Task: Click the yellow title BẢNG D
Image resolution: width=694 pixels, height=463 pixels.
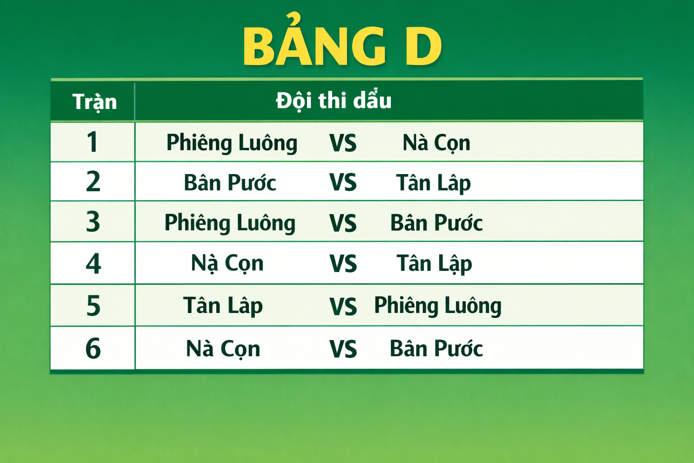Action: tap(342, 46)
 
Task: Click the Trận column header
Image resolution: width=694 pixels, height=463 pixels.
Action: tap(94, 102)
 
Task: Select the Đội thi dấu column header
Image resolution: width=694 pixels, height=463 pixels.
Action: tap(333, 100)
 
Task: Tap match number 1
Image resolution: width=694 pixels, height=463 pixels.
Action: tap(92, 142)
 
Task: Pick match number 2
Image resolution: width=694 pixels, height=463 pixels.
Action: tap(93, 182)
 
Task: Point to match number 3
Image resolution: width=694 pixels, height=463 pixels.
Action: tap(93, 222)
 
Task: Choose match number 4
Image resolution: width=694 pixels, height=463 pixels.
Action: tap(93, 264)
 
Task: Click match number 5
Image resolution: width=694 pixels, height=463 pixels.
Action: tap(93, 306)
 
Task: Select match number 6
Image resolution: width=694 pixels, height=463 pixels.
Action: tap(93, 349)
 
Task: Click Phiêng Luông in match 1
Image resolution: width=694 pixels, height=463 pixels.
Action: tap(232, 143)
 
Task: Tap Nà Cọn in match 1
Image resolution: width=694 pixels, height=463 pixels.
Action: tap(436, 143)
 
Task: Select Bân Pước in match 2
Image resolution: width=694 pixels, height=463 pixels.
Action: tap(230, 183)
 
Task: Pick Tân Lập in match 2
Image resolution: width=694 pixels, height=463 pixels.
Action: tap(433, 183)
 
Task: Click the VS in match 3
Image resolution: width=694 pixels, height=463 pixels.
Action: tap(343, 223)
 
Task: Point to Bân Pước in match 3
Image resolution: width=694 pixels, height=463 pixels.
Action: tap(436, 223)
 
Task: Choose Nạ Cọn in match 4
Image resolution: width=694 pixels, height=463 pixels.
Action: tap(227, 264)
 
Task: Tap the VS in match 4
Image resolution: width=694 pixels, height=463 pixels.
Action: tap(343, 264)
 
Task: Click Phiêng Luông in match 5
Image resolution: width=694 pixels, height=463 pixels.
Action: tap(438, 306)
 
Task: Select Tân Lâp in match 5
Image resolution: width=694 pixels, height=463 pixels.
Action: tap(223, 306)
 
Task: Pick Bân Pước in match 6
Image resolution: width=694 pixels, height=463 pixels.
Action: tap(436, 349)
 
